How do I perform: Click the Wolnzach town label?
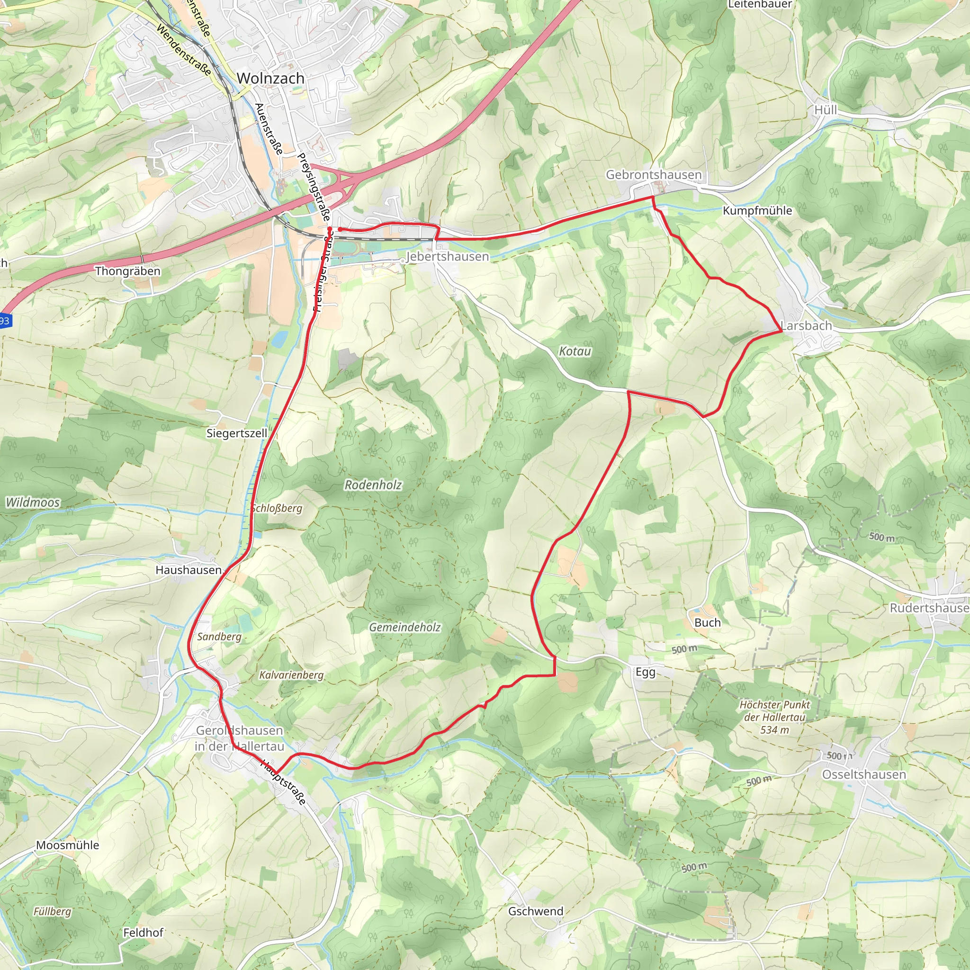point(270,78)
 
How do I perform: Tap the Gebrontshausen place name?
point(653,175)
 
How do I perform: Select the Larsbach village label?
point(806,325)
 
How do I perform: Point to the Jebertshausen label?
point(447,257)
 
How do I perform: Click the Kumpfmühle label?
point(757,210)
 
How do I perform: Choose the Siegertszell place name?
point(236,433)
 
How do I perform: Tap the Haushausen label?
point(189,570)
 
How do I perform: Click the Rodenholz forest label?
point(373,485)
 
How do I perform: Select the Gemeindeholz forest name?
point(404,627)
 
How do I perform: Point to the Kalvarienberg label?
point(291,675)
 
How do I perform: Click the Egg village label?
point(645,672)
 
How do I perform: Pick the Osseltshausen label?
point(863,775)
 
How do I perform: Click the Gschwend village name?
point(536,911)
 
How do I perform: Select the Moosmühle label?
point(67,845)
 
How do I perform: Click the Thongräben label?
point(127,271)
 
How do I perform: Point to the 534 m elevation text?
point(775,730)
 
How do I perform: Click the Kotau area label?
point(575,351)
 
